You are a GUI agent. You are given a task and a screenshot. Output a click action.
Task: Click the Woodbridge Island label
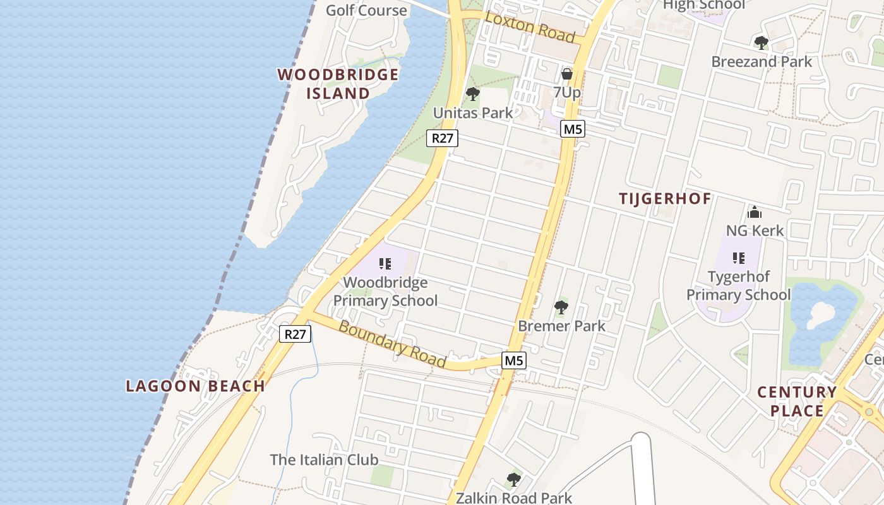(338, 84)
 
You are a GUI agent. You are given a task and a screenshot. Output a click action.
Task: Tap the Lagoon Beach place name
(195, 386)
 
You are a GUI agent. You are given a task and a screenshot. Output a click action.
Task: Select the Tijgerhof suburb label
(665, 198)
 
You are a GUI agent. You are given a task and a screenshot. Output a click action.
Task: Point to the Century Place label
(797, 401)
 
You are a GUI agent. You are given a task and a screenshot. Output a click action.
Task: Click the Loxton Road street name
(530, 27)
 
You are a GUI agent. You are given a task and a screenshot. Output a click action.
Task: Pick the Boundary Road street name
(392, 344)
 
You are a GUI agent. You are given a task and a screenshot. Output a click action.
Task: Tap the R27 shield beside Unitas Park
(442, 138)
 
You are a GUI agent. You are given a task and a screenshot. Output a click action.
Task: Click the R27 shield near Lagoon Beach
(295, 334)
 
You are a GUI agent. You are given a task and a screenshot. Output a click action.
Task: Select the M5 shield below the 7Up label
(573, 129)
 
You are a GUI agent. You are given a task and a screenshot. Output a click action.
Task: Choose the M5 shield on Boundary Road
(514, 360)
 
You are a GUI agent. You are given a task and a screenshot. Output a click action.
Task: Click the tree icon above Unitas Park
(472, 95)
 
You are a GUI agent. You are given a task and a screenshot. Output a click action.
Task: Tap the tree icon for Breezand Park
(761, 43)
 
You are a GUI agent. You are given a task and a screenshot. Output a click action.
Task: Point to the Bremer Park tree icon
(561, 307)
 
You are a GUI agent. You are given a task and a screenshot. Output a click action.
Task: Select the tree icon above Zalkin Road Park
(514, 480)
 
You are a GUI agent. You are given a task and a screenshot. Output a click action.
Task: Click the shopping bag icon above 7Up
(567, 74)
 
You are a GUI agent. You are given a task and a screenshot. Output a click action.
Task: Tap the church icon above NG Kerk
(754, 212)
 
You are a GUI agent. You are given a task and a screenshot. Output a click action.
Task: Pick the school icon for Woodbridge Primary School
(385, 264)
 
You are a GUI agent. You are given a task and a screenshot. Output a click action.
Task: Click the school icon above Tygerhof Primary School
(738, 258)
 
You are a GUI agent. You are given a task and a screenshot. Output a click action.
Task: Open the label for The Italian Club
(324, 460)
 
